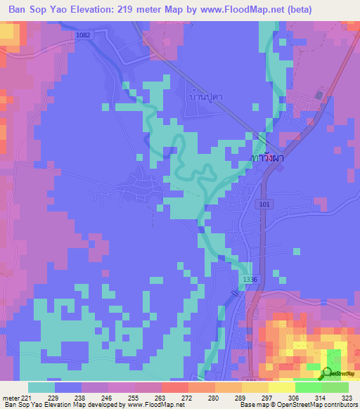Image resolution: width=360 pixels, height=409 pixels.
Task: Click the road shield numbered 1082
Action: (83, 34)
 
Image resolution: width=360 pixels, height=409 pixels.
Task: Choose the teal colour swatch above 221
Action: (41, 387)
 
